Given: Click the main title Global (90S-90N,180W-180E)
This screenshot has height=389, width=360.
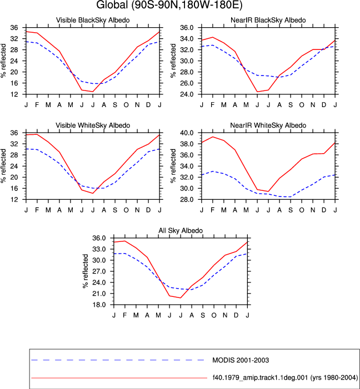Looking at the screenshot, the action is point(169,5).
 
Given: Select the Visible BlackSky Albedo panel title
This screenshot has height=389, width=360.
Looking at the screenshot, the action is point(93,20).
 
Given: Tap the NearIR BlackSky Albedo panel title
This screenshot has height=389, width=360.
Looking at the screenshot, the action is point(268,20).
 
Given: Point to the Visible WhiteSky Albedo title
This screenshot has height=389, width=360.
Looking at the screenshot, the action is point(93,125).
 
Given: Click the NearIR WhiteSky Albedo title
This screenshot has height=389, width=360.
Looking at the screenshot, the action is point(268,125).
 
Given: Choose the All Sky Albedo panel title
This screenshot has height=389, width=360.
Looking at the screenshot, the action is point(181,230).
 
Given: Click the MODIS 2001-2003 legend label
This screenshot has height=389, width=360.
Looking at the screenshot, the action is point(241,360).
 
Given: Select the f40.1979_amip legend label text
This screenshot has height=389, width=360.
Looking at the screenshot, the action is point(285,378).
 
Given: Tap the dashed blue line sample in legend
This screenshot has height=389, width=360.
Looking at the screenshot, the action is point(118,360).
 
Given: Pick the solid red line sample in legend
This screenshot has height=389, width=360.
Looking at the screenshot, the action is point(119,378).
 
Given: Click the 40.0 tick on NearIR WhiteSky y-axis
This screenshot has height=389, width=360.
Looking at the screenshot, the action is point(187,133).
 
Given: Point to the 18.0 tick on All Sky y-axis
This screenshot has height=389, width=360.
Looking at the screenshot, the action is point(99,305).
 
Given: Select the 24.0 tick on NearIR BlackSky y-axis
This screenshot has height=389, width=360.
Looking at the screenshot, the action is point(187,94).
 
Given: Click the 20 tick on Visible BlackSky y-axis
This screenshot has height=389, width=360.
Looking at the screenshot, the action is point(14,72).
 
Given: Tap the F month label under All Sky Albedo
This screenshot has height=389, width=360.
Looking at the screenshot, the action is point(124,315).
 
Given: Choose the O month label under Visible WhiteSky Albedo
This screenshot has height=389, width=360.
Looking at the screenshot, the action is point(126,210).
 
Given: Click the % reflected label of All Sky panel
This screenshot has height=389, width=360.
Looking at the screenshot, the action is point(85,271).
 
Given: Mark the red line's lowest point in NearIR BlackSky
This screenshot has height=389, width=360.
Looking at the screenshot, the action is point(257,92).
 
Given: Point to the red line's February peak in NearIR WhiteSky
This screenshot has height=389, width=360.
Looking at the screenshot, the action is point(213,137).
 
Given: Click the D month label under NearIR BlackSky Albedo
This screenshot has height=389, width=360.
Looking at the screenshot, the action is point(324,105).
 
